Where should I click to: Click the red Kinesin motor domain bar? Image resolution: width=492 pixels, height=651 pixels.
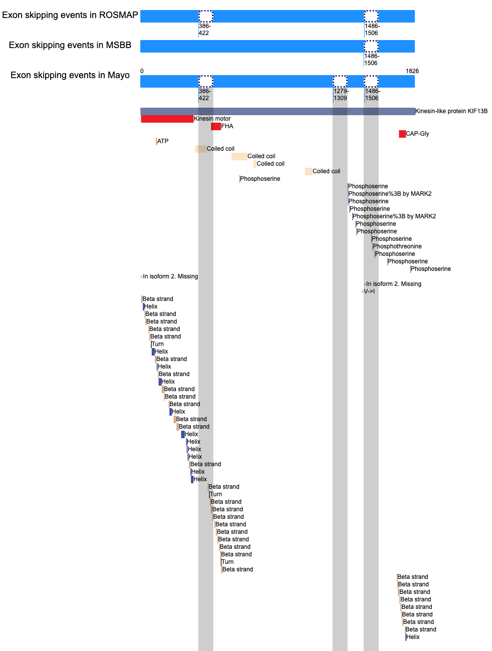(167, 119)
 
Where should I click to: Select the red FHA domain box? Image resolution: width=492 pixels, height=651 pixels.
(216, 126)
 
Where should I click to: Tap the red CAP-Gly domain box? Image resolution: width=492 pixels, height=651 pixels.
(402, 134)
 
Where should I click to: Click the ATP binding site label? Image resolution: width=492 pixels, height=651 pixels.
(163, 141)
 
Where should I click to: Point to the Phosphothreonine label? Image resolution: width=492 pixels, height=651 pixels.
(397, 246)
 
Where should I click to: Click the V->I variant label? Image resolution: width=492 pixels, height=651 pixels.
(369, 291)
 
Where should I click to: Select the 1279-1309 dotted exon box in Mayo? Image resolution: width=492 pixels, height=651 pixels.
(340, 81)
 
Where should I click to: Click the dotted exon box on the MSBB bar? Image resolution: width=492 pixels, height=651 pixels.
(371, 46)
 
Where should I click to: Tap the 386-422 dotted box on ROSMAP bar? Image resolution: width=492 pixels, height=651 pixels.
(205, 16)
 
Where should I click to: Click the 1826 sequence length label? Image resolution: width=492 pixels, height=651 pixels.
(412, 71)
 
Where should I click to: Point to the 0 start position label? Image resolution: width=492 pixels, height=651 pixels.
(142, 71)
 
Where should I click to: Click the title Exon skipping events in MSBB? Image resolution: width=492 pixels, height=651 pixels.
(70, 45)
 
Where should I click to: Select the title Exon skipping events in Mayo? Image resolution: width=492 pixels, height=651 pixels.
(70, 75)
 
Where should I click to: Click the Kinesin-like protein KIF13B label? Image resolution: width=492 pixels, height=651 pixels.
(451, 111)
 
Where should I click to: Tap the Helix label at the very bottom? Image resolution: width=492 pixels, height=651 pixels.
(413, 637)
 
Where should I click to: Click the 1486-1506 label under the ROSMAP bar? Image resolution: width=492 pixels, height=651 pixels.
(372, 30)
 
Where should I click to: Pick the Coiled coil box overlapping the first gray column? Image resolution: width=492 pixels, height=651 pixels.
(201, 149)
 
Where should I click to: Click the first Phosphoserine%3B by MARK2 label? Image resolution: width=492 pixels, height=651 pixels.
(390, 194)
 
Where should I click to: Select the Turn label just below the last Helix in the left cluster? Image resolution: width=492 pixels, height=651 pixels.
(216, 494)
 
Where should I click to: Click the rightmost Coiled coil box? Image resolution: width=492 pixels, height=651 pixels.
(309, 171)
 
